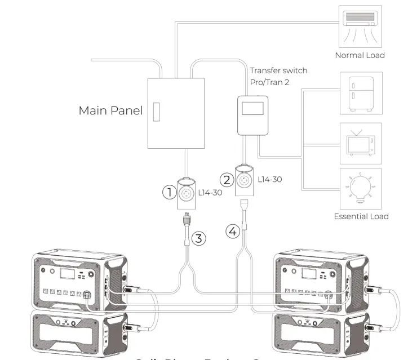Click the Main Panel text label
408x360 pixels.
[x=110, y=110]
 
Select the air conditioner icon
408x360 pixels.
[x=360, y=26]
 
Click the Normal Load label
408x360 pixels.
[x=360, y=55]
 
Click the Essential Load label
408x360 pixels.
[x=361, y=216]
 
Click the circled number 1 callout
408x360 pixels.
[x=170, y=192]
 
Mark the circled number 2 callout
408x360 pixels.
[x=227, y=180]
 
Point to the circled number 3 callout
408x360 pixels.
[x=198, y=238]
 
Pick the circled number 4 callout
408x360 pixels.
[x=233, y=231]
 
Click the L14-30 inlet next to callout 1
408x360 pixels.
[x=186, y=192]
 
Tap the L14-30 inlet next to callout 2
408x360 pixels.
[x=244, y=179]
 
